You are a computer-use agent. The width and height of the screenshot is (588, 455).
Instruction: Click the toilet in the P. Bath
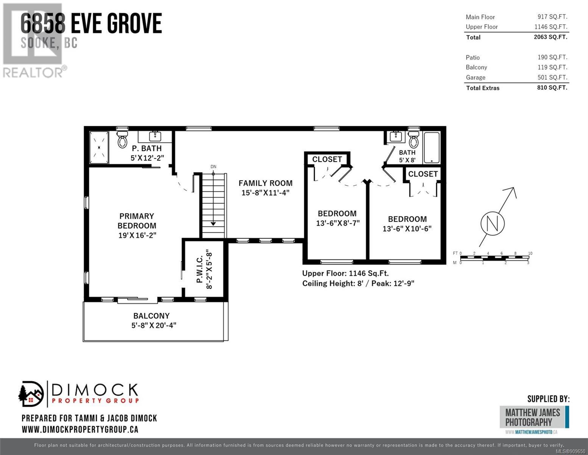[123, 139]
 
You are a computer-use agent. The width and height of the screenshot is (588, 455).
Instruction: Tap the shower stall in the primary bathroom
[99, 147]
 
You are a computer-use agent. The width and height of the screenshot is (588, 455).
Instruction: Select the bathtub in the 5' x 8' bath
[432, 148]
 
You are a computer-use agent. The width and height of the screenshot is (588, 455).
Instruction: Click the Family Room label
[265, 183]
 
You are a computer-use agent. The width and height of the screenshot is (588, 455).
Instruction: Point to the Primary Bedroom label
[137, 221]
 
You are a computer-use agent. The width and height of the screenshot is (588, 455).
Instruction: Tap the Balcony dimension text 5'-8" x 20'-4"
[154, 325]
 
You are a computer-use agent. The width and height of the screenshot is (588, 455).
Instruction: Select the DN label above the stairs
[214, 167]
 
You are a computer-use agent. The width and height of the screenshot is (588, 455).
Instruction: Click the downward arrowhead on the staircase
[213, 224]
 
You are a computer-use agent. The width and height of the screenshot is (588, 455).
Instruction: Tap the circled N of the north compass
[493, 224]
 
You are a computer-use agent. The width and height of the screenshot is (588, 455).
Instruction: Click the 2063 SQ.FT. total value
[551, 37]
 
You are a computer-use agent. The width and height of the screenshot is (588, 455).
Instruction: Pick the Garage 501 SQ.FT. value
[552, 77]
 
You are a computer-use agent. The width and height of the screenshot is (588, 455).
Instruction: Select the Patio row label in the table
[473, 58]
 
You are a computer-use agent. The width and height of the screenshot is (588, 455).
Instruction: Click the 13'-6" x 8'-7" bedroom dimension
[338, 223]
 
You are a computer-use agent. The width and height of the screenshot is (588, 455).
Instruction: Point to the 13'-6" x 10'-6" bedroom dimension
[407, 229]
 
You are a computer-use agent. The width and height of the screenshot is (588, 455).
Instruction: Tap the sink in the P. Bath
[155, 135]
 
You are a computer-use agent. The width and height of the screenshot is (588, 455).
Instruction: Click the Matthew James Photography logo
[534, 417]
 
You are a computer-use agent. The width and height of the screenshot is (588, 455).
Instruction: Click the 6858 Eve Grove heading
[91, 24]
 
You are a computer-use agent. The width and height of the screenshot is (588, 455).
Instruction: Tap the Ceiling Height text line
[358, 284]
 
